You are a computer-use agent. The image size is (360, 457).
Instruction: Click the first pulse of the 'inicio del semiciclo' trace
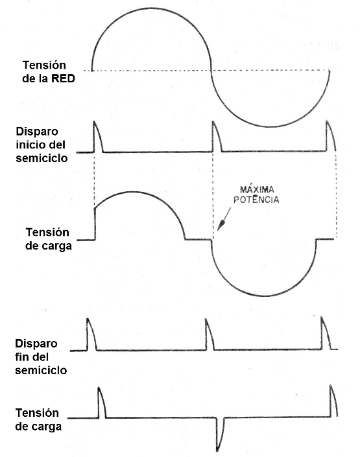97,136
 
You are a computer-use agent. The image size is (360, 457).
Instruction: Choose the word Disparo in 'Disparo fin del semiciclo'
36,343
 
